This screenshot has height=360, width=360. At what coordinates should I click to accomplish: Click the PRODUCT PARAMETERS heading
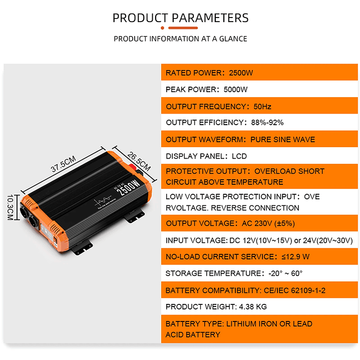point(180,18)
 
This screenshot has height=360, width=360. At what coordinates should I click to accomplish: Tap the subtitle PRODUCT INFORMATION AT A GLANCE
point(180,39)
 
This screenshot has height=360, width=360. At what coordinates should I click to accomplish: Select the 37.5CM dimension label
point(63,163)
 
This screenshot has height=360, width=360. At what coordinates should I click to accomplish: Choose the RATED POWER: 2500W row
point(209,73)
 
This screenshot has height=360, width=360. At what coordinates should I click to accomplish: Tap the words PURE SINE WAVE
point(283,139)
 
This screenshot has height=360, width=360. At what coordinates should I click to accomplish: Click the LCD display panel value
point(239,156)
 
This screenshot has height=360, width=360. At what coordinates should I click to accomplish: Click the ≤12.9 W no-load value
point(296,257)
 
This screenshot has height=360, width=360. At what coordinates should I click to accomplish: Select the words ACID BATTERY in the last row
point(193,334)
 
